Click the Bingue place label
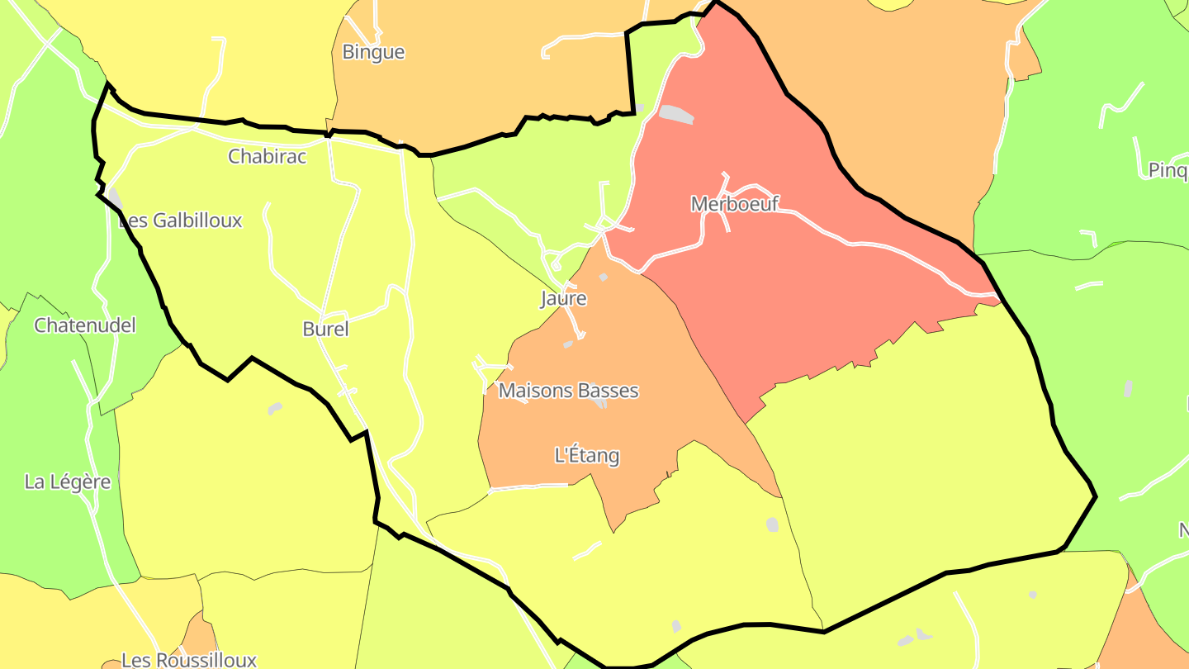tap(373, 52)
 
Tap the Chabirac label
tap(267, 156)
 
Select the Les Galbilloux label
tap(181, 221)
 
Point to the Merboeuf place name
tap(734, 204)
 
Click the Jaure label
tap(563, 298)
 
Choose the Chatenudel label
tap(84, 325)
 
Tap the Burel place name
tap(325, 330)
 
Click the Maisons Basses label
tap(568, 391)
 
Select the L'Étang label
tap(586, 455)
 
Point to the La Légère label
tap(68, 482)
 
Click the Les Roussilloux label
tap(188, 660)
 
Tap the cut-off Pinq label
tap(1168, 171)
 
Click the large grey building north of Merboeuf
tap(676, 114)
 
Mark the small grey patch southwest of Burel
tap(274, 409)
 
